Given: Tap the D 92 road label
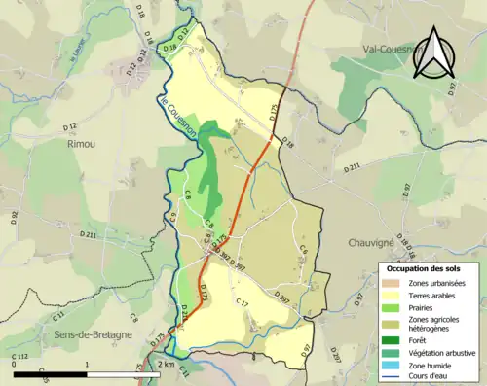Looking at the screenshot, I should (x=14, y=218).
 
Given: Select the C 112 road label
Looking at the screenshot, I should (x=19, y=358).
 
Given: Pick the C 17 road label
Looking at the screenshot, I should (x=243, y=304).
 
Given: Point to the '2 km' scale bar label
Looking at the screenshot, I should (x=167, y=365).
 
